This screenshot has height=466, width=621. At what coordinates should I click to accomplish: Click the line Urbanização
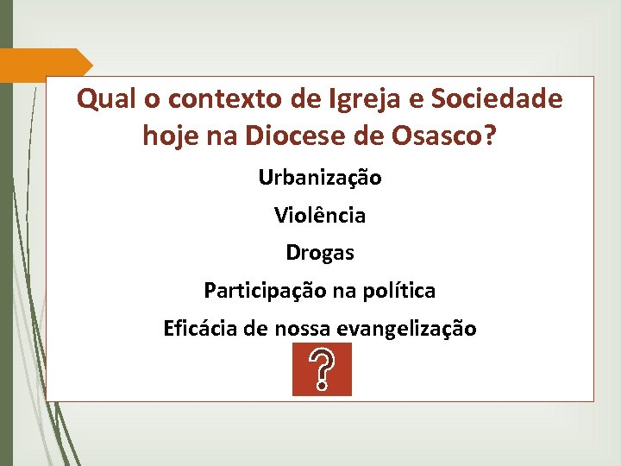point(320,179)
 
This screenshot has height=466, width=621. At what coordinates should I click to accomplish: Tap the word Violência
point(320,215)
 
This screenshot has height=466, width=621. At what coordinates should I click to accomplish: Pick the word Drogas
point(320,254)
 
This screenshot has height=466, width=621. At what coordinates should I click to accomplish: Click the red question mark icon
point(322,369)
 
